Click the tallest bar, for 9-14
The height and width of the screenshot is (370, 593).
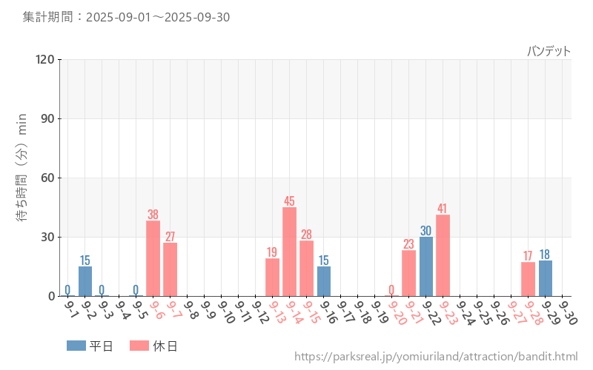click(289, 252)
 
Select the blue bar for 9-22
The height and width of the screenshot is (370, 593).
click(426, 266)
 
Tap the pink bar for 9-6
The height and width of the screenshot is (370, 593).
click(153, 258)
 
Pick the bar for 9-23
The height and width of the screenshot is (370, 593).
click(443, 255)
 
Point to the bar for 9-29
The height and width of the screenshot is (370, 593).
click(546, 278)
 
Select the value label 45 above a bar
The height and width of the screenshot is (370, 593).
click(289, 201)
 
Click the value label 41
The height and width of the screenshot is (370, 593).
click(443, 209)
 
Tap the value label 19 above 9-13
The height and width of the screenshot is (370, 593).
click(272, 252)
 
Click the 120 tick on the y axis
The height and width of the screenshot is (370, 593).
click(45, 59)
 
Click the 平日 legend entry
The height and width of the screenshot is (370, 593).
click(90, 346)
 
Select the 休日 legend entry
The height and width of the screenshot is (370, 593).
click(153, 346)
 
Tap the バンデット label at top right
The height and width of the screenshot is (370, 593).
click(549, 51)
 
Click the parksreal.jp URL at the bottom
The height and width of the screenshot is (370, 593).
click(436, 357)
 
